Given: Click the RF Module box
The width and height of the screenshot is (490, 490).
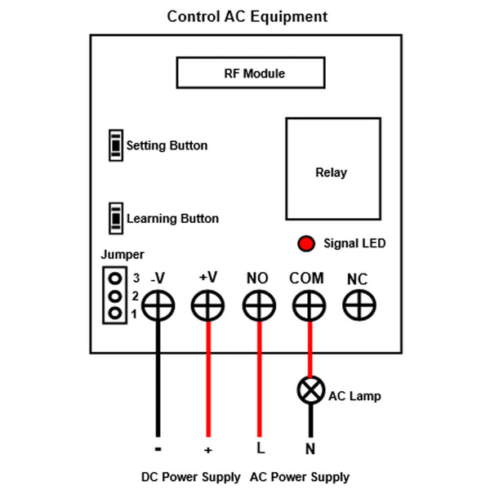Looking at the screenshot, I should click(254, 73).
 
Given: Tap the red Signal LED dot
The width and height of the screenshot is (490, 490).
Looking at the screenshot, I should click(306, 243).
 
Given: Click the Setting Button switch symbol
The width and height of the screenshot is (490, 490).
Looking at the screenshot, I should click(116, 145).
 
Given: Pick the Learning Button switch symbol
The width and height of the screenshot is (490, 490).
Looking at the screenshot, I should click(116, 218).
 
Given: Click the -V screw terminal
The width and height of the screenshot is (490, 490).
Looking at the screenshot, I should click(158, 306).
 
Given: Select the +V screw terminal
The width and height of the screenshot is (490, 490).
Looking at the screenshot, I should click(207, 306).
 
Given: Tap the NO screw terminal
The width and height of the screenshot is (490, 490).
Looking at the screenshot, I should click(258, 306).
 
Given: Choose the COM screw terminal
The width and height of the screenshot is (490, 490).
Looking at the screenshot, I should click(309, 306).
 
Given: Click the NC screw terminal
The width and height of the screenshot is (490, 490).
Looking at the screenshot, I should click(358, 306).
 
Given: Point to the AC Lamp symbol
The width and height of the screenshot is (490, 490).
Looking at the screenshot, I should click(310, 391).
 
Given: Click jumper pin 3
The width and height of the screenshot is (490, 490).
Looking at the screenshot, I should click(115, 278).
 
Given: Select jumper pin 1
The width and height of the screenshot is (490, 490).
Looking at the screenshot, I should click(115, 313).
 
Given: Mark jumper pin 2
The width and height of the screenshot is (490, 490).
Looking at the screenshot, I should click(115, 296).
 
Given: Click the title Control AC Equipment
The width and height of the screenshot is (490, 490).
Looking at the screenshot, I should click(247, 16).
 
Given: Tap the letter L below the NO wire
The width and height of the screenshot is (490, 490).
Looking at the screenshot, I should click(261, 448).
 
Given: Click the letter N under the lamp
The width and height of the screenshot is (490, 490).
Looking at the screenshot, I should click(310, 448).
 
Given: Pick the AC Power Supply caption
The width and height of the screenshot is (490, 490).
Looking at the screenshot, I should click(300, 477).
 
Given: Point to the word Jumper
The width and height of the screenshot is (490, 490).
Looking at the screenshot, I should click(122, 255).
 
